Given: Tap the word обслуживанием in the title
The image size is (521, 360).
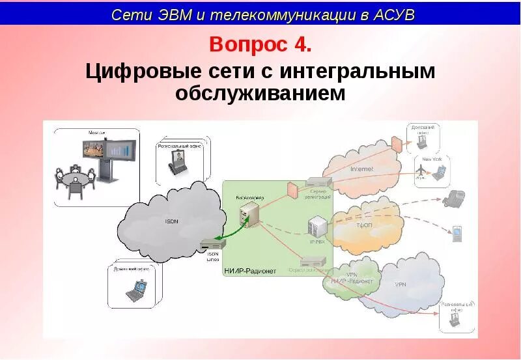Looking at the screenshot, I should [260, 94].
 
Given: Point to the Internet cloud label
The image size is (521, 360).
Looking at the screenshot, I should [362, 169].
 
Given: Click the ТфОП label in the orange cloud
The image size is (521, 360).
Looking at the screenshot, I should [363, 225].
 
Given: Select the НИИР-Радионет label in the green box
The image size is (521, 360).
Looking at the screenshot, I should [250, 270].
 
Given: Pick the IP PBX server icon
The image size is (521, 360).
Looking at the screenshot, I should [317, 226].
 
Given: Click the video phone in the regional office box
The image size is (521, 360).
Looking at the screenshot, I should [178, 161].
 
